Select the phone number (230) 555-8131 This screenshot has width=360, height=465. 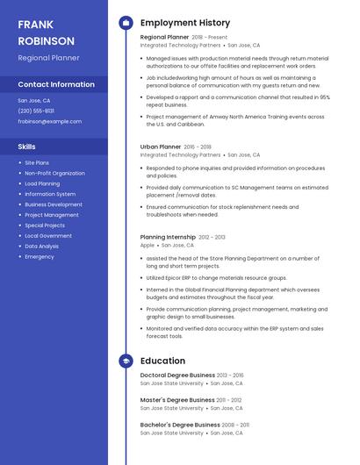click(36, 111)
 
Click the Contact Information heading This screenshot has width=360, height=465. click(56, 84)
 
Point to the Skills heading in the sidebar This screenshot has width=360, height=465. click(27, 147)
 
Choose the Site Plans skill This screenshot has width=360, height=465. click(37, 163)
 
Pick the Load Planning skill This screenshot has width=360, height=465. click(42, 183)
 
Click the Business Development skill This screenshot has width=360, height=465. click(54, 204)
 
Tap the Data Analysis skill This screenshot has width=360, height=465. click(42, 247)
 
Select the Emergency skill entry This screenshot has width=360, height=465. click(40, 257)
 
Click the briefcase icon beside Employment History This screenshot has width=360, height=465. click(126, 23)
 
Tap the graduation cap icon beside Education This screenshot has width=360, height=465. click(126, 361)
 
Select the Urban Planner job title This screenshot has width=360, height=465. click(161, 147)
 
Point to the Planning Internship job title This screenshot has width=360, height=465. click(168, 237)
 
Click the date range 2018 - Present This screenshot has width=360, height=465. click(209, 38)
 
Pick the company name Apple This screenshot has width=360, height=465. click(147, 246)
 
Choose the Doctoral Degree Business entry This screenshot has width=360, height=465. click(177, 375)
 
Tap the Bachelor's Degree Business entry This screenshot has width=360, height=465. click(180, 425)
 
